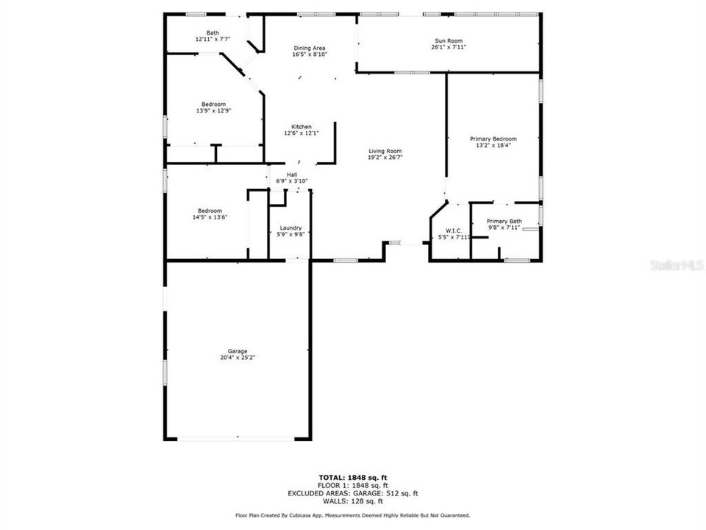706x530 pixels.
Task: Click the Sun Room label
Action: click(x=449, y=40)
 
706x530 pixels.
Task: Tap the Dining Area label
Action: click(x=310, y=48)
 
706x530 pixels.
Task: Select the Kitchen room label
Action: click(x=302, y=127)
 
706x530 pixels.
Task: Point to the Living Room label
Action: click(x=385, y=151)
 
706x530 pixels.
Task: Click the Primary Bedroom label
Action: click(x=493, y=139)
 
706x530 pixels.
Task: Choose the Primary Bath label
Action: click(x=504, y=221)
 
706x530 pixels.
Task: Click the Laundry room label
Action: click(x=290, y=228)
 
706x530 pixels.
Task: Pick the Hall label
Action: click(x=292, y=174)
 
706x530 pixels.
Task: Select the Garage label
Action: click(x=237, y=351)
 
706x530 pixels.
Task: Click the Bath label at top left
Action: click(x=213, y=32)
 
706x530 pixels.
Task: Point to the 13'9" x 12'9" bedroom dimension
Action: click(x=214, y=111)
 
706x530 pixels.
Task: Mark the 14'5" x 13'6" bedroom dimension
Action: click(x=207, y=217)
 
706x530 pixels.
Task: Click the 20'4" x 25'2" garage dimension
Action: click(x=237, y=358)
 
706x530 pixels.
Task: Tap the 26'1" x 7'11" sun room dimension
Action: click(x=449, y=47)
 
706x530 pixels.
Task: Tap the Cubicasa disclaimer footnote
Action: click(x=352, y=515)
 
